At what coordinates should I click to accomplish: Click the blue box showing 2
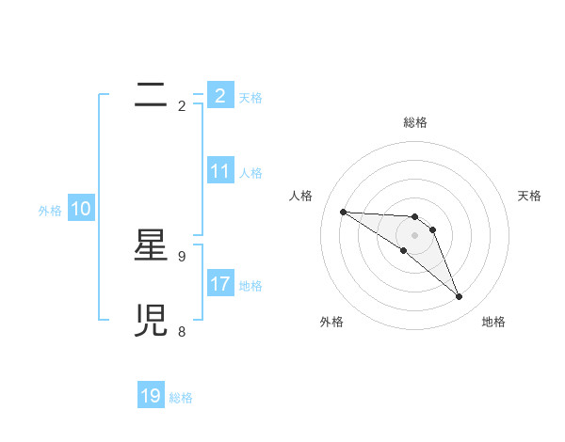pos(220,96)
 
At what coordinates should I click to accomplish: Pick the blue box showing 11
pos(220,171)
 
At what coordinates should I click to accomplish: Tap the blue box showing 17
pos(220,284)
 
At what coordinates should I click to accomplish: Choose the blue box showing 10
pos(81,210)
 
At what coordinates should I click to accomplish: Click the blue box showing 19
pos(151,396)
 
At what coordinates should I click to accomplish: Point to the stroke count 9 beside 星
pos(182,256)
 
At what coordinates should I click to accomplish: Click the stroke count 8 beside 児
pos(182,331)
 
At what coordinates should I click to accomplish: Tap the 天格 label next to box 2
pos(250,98)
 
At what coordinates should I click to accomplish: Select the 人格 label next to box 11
pos(250,173)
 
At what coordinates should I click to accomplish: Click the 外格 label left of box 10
pos(50,212)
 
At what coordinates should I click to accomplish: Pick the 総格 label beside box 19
pos(181,398)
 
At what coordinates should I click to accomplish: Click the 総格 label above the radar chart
pos(415,122)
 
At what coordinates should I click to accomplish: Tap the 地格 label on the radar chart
pos(493,322)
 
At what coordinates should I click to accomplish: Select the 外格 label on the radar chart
pos(331,322)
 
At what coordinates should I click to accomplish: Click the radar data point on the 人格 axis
pos(343,212)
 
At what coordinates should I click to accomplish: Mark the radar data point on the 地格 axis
pos(460,297)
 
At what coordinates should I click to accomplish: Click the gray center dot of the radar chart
pos(414,235)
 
